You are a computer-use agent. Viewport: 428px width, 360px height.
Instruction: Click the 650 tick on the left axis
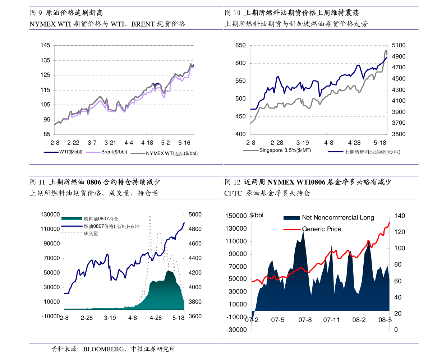[x=240, y=45]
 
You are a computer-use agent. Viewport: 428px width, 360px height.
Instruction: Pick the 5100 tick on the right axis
[x=399, y=45]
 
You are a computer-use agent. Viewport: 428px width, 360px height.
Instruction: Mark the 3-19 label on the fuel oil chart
[x=303, y=142]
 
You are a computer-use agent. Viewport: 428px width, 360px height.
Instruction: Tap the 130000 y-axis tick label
[x=50, y=214]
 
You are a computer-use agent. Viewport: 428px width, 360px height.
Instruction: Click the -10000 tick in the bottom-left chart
[x=50, y=316]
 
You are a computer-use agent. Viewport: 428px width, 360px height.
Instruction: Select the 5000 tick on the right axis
[x=195, y=214]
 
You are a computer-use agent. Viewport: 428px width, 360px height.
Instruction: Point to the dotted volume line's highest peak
[x=149, y=216]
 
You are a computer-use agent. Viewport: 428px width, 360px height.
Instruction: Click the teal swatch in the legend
[x=72, y=218]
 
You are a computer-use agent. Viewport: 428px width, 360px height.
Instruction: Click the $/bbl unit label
[x=256, y=215]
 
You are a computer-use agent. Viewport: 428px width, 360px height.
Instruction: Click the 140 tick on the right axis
[x=399, y=216]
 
